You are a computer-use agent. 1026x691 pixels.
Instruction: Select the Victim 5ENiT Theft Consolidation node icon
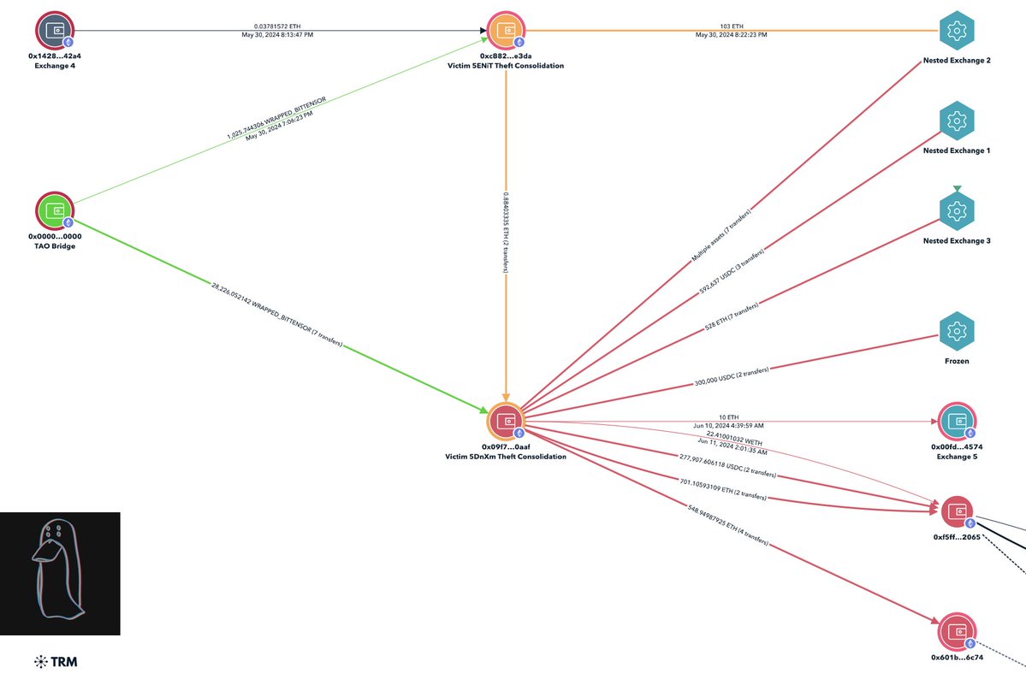tap(507, 31)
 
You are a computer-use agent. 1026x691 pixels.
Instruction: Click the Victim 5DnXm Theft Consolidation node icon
tap(507, 422)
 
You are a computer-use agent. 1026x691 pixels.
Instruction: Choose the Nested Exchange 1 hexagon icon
tap(957, 121)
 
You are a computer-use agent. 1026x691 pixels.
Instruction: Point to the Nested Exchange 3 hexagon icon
tap(957, 211)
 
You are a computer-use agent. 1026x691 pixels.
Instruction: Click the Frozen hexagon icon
tap(957, 331)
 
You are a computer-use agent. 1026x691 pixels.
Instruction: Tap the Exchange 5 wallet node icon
tap(957, 422)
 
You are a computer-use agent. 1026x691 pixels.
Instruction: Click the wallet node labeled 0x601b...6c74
tap(957, 633)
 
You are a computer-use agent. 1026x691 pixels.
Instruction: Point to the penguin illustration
tap(58, 573)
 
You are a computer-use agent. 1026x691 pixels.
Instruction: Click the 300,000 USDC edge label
tap(732, 377)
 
